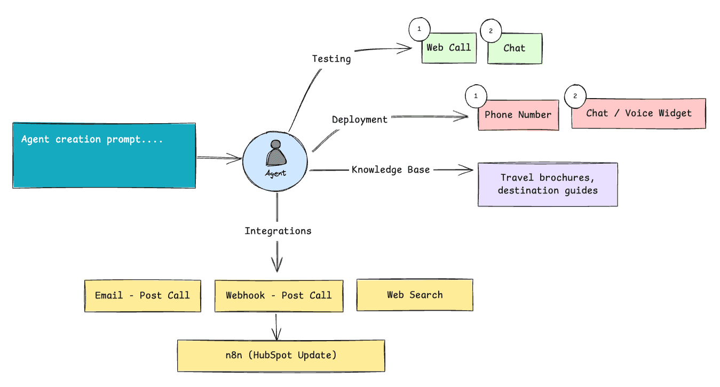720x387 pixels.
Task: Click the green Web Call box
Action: pos(449,49)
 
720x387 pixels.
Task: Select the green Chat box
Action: pos(515,49)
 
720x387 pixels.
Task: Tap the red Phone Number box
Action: pos(518,115)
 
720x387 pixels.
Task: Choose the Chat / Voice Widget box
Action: pos(638,114)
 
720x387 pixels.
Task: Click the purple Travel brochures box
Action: pos(548,184)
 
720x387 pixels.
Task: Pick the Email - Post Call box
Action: pos(143,295)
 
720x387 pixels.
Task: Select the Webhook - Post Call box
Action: pos(279,295)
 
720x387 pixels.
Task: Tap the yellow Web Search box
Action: pos(415,295)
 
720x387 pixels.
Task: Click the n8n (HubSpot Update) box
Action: pos(281,356)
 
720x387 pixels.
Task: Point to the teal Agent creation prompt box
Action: pos(105,155)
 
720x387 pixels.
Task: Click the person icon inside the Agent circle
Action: pos(276,155)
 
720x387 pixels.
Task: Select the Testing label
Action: pos(331,59)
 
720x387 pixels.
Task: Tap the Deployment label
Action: pos(360,119)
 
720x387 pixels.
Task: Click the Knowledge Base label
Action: pos(391,170)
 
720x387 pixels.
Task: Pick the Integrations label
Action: pos(278,231)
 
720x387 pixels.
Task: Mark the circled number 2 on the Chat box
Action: pos(491,31)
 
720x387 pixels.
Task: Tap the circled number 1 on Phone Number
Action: pos(476,97)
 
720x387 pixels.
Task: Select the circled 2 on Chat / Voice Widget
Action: pos(575,96)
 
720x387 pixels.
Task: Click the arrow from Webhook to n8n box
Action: pos(276,326)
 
